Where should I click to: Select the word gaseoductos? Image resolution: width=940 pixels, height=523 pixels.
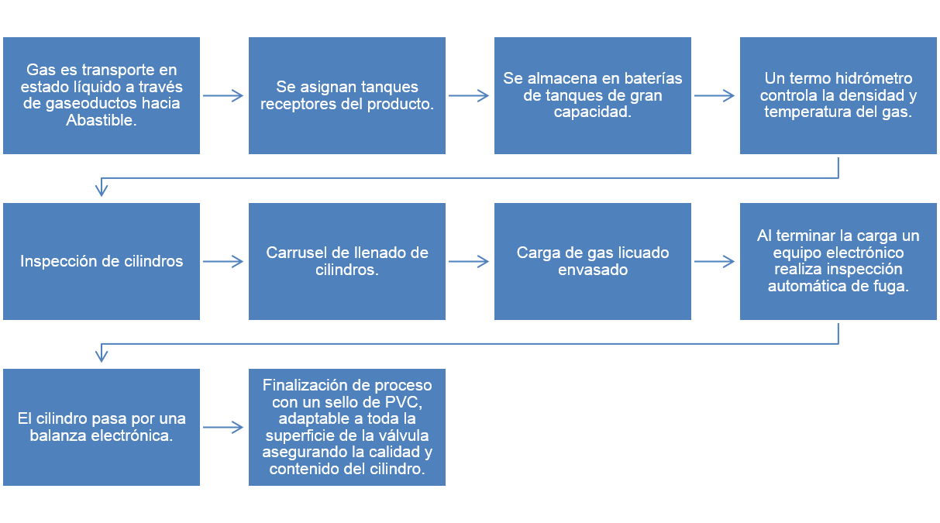(81, 104)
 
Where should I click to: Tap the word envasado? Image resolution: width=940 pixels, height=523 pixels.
(593, 270)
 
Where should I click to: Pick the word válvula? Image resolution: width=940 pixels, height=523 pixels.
(403, 435)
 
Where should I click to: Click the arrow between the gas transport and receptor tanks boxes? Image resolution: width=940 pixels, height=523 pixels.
(223, 96)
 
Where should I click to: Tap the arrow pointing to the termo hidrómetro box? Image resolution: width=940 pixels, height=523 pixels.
(714, 96)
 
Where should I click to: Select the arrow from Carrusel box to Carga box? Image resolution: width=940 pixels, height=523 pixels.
(469, 262)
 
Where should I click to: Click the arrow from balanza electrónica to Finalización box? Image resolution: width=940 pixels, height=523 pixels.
(223, 427)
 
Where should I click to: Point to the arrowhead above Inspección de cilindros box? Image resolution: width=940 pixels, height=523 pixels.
(102, 190)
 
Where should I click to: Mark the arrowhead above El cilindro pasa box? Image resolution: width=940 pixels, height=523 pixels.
(102, 356)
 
